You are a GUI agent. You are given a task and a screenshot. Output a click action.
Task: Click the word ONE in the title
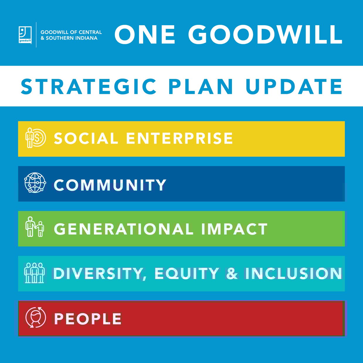point(145,34)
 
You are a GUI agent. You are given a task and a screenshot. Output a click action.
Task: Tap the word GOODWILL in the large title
point(265,34)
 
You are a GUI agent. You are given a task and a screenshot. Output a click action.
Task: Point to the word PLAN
point(201,87)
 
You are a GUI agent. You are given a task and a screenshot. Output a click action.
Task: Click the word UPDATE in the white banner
point(294,87)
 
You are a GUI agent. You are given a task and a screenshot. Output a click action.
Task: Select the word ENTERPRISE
point(179,138)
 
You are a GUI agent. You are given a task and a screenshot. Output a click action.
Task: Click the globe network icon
point(35,183)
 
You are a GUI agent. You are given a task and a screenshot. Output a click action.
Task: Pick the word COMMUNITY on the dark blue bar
point(110,185)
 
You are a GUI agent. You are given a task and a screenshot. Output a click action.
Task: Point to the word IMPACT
point(234,229)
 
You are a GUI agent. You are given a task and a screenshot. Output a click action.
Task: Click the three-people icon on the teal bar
point(35,273)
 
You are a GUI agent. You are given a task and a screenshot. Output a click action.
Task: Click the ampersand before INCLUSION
point(232,274)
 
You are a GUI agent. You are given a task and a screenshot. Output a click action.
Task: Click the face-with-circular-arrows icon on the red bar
point(36,317)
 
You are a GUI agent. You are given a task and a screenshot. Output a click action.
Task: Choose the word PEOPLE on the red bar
point(88,319)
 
